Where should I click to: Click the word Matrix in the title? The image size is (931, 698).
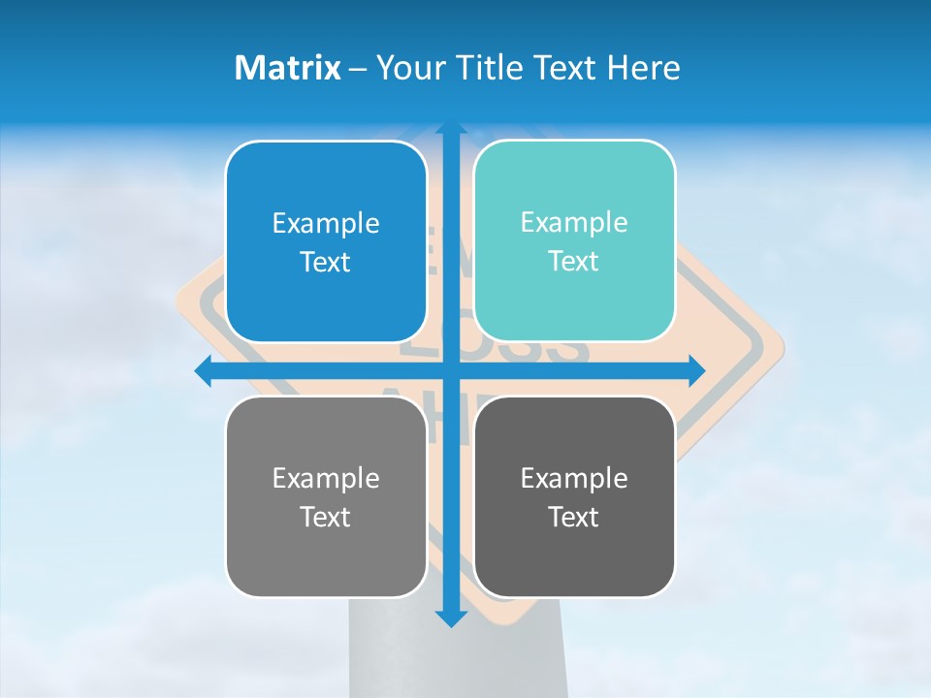(x=288, y=68)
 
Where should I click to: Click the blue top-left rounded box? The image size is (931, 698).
(x=326, y=184)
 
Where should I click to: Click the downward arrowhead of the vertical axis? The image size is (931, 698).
(x=450, y=618)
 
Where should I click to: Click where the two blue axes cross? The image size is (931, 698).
(x=450, y=370)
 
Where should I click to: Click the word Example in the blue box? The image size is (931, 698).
(x=326, y=224)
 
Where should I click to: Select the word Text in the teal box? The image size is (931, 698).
(x=574, y=262)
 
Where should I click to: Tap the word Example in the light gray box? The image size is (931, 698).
(x=326, y=478)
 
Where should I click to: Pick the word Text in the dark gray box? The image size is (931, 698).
(x=574, y=517)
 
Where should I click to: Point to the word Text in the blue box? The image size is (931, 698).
(x=326, y=263)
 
